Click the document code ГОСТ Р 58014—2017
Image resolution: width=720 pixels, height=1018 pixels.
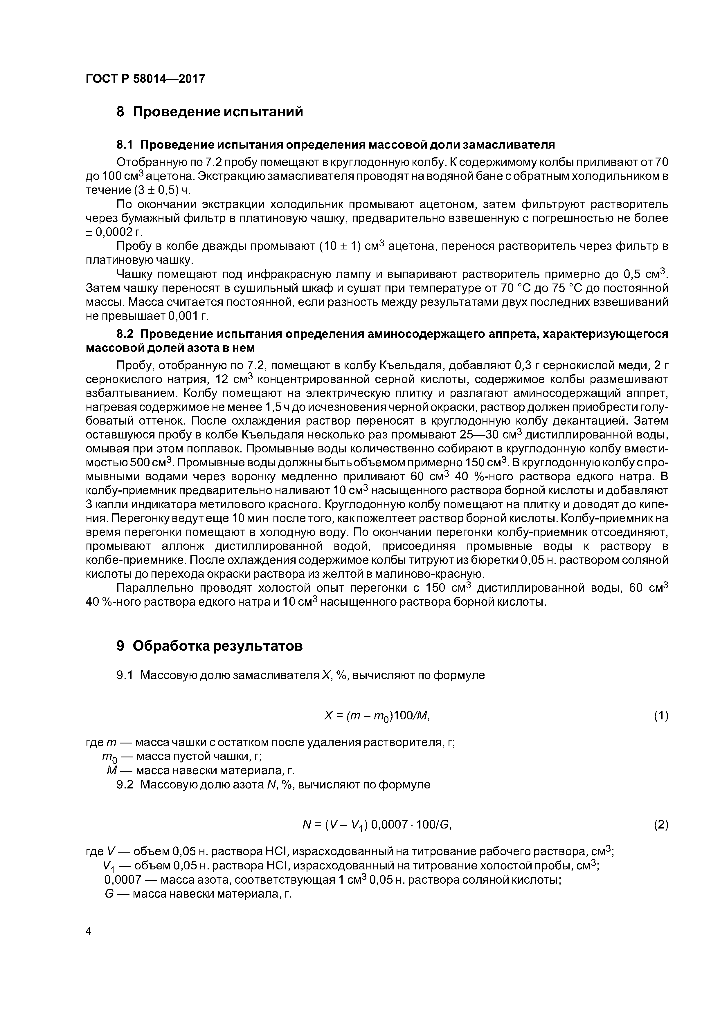click(145, 79)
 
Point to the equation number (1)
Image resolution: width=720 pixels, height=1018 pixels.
click(660, 716)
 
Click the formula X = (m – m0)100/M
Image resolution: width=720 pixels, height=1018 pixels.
click(377, 716)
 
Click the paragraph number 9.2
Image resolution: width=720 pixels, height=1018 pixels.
click(125, 784)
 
